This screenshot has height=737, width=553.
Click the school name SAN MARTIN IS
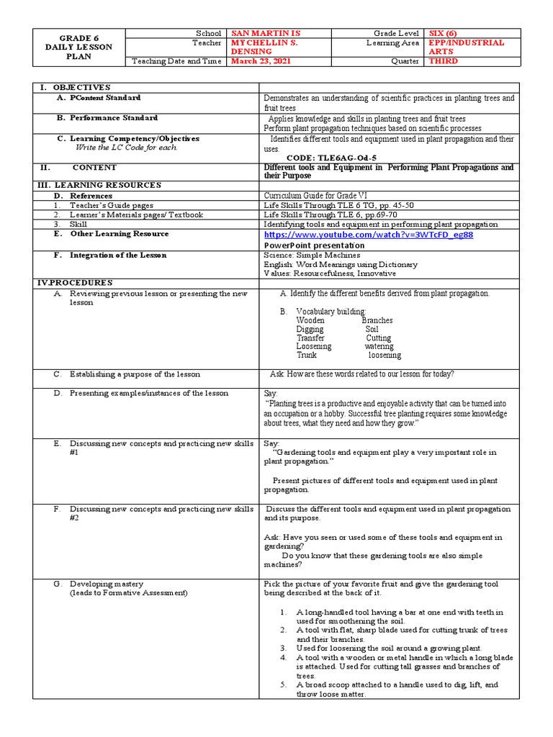click(264, 34)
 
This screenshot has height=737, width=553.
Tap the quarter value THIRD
click(444, 61)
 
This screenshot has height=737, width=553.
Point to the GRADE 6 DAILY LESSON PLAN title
click(80, 48)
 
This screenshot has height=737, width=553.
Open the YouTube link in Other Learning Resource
click(369, 235)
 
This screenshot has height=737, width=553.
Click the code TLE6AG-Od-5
click(331, 158)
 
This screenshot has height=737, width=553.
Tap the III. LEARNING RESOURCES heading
click(99, 185)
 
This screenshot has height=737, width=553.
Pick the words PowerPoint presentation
click(314, 245)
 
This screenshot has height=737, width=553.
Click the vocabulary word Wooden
click(310, 320)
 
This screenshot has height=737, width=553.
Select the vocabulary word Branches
click(377, 320)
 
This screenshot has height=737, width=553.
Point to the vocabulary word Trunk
click(307, 355)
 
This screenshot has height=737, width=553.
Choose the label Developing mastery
click(106, 584)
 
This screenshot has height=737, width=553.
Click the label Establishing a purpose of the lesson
click(135, 374)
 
